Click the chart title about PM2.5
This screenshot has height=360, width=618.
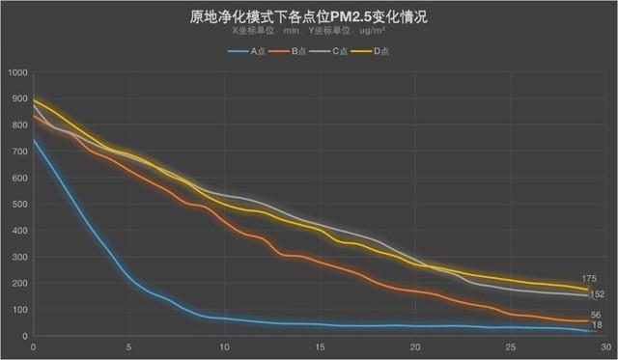coord(308,16)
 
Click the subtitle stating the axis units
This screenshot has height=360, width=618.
coord(308,31)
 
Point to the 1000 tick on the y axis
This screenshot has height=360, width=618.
coord(16,72)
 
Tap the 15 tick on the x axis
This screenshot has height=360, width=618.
coord(320,347)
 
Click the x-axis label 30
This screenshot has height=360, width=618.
coord(605,347)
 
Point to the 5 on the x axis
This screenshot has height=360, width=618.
coord(129,347)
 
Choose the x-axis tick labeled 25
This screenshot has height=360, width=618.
coord(510,347)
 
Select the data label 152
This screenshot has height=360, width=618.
coord(597,294)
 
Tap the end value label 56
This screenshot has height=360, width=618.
coord(596,315)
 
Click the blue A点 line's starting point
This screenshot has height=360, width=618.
coord(34,140)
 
